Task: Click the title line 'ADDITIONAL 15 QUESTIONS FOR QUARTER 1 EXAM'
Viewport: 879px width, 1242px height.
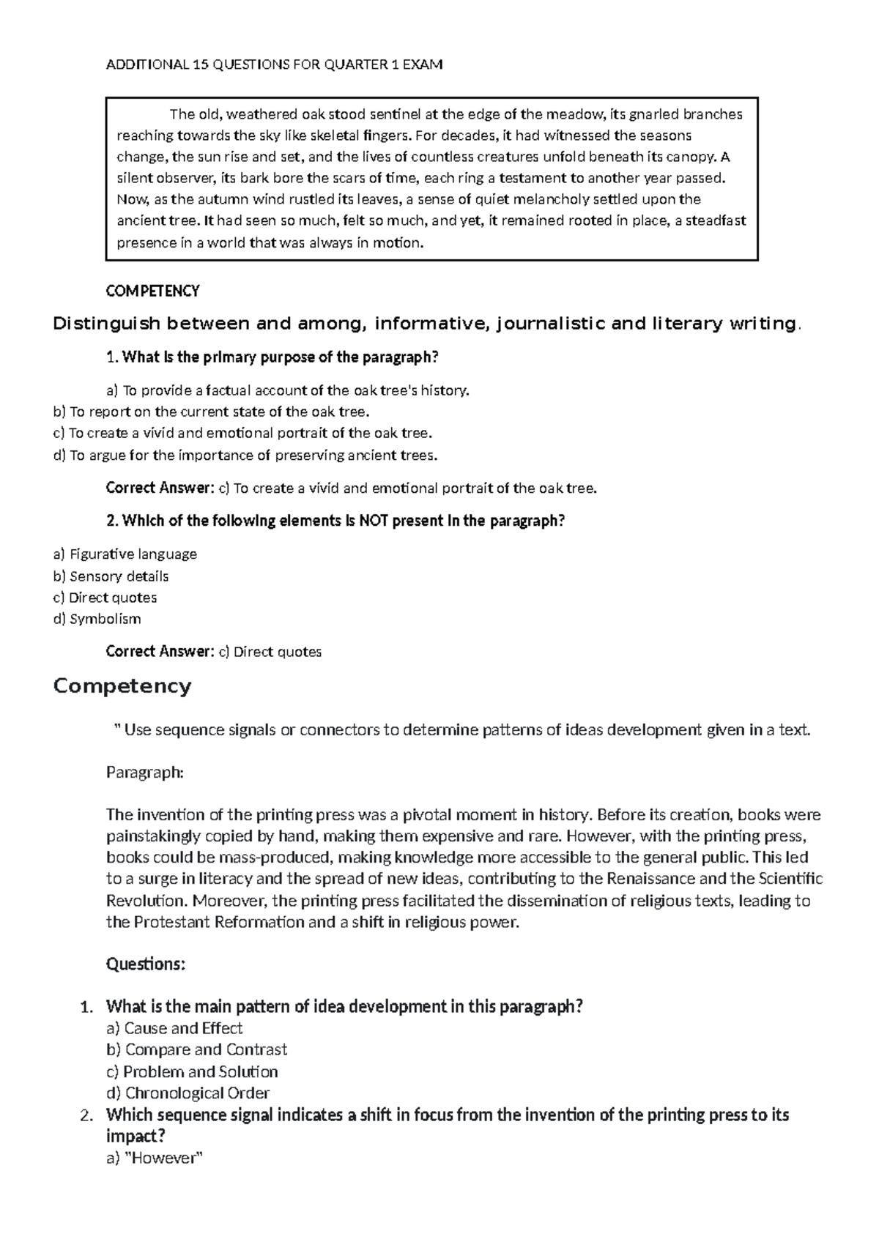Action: coord(274,64)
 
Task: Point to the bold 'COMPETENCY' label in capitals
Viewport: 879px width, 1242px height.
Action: coord(152,291)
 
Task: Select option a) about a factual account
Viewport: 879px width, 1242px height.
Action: coord(287,390)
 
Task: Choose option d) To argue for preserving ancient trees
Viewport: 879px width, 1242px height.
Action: coord(245,455)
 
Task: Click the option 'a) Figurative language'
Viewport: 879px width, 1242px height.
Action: coord(125,554)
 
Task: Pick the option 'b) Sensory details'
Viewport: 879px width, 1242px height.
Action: coord(111,576)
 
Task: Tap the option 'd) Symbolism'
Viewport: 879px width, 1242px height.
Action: coord(97,619)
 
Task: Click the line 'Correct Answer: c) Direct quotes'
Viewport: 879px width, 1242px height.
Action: coord(214,652)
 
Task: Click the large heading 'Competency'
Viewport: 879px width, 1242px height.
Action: coord(122,686)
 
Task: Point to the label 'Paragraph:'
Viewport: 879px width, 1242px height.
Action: coord(144,772)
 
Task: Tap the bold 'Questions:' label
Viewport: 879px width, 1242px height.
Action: coord(146,964)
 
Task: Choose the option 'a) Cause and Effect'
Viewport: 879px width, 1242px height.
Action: coord(174,1028)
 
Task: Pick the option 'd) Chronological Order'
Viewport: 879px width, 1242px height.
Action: coord(188,1093)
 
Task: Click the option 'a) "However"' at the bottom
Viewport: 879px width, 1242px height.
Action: coord(154,1159)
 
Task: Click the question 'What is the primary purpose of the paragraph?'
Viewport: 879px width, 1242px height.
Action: coord(272,357)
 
